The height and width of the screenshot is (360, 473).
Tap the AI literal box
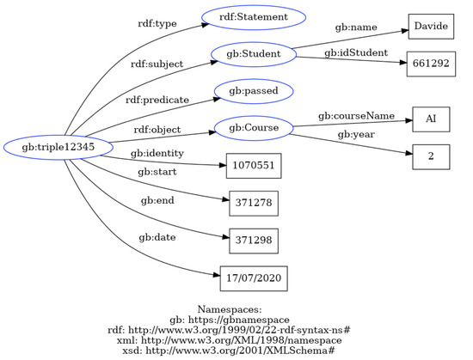click(x=430, y=119)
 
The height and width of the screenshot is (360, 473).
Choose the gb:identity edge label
click(x=157, y=153)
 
